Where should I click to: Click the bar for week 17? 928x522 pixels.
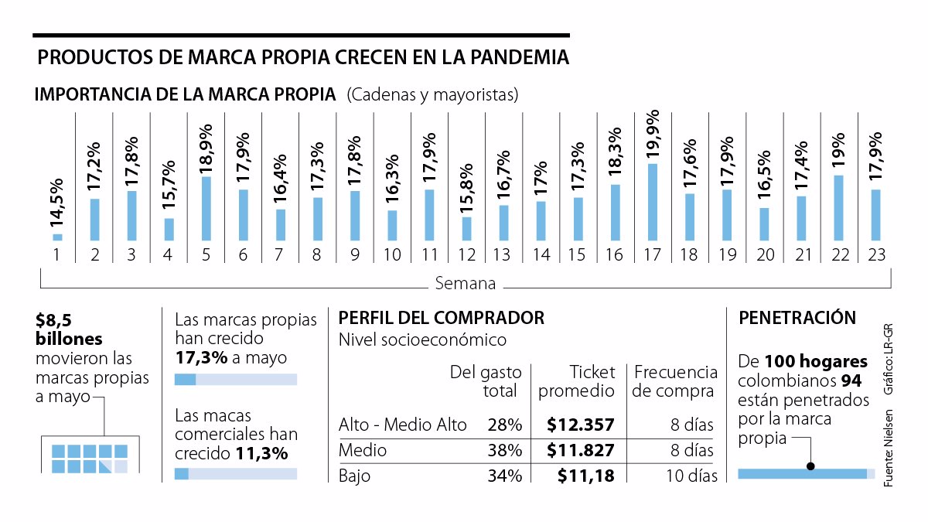(x=653, y=202)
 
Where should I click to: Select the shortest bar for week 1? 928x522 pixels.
(x=57, y=237)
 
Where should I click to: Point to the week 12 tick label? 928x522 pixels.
(x=466, y=255)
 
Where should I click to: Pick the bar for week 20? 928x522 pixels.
(x=764, y=223)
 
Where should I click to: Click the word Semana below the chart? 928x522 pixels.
(x=465, y=283)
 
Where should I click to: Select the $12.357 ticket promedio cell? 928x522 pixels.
(x=580, y=425)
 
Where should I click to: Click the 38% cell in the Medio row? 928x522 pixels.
(x=505, y=450)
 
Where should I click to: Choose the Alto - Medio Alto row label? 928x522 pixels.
(x=403, y=425)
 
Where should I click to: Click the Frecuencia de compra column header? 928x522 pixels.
(x=673, y=382)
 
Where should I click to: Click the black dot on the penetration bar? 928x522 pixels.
(x=810, y=466)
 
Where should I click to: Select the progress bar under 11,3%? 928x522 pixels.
(x=236, y=474)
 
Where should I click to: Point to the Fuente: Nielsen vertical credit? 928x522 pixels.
(x=889, y=449)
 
